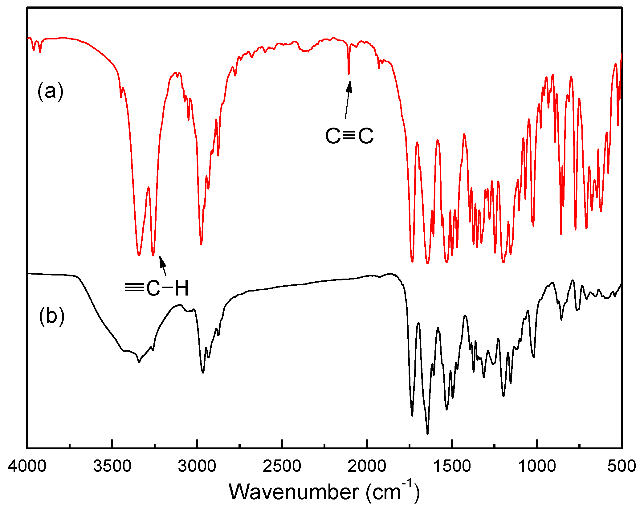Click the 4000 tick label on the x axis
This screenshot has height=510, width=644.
pos(27,466)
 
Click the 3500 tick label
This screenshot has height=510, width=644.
pos(112,466)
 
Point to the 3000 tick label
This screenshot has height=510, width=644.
pos(197,466)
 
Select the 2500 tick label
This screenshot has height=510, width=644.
pos(282,466)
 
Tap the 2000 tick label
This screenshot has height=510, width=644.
pos(367,466)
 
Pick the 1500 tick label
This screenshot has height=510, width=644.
pos(452,466)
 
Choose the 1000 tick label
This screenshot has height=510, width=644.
pos(537,466)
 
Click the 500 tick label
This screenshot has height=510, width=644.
pos(622,466)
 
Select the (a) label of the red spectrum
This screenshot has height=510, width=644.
pos(50,92)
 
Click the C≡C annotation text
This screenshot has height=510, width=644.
pos(349,136)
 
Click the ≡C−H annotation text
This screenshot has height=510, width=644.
pos(157,288)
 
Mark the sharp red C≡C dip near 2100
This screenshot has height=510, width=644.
pos(348,74)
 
